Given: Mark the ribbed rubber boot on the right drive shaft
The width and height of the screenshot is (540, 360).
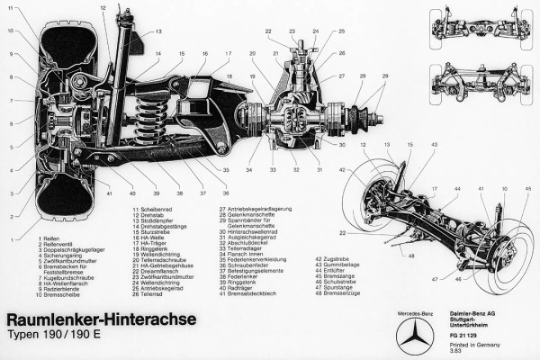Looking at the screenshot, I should [367, 120].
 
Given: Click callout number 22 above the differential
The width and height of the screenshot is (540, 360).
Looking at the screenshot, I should [268, 32].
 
